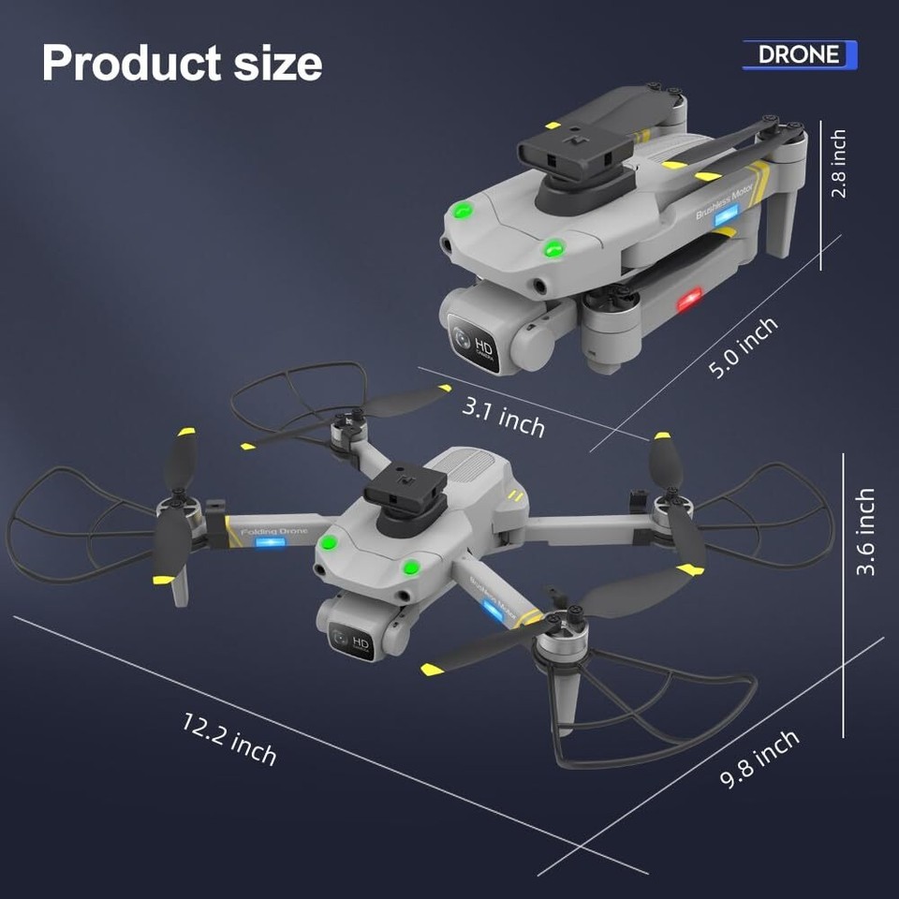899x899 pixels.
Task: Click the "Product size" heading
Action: (182, 63)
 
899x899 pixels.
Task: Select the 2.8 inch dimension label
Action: (839, 164)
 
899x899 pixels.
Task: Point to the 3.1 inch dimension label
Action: (504, 416)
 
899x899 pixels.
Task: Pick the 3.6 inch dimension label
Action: (865, 531)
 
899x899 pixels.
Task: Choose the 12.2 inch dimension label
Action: (230, 738)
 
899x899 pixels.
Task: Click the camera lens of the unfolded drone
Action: (341, 641)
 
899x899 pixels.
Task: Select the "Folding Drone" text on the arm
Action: (273, 532)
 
